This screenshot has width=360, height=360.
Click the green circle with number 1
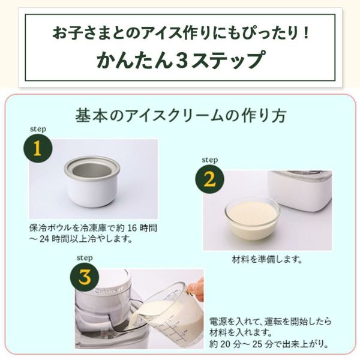pyautogui.click(x=38, y=148)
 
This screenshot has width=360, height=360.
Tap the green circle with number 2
pyautogui.click(x=209, y=179)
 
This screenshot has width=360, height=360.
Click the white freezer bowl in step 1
pyautogui.click(x=92, y=181)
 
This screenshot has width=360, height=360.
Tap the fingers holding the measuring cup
pyautogui.click(x=196, y=289)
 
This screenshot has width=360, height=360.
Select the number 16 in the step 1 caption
pyautogui.click(x=132, y=228)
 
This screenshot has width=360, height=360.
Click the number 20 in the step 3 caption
pyautogui.click(x=226, y=344)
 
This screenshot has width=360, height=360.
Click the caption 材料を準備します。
pyautogui.click(x=267, y=260)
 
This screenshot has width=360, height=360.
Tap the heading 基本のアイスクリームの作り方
pyautogui.click(x=181, y=115)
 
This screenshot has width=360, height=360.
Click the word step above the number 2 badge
pyautogui.click(x=210, y=160)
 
